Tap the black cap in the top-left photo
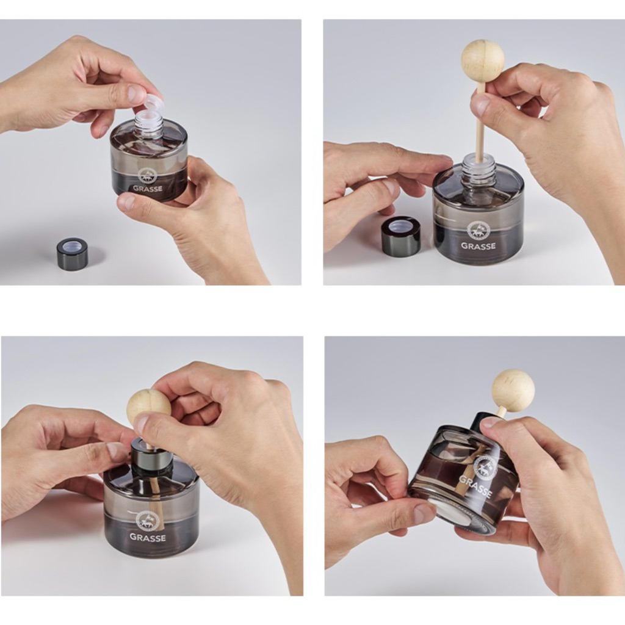73,250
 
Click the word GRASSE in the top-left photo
148,188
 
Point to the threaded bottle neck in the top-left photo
148,125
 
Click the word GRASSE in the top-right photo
479,246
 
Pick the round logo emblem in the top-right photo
478,229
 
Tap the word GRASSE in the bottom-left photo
148,537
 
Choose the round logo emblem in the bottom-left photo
146,520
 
